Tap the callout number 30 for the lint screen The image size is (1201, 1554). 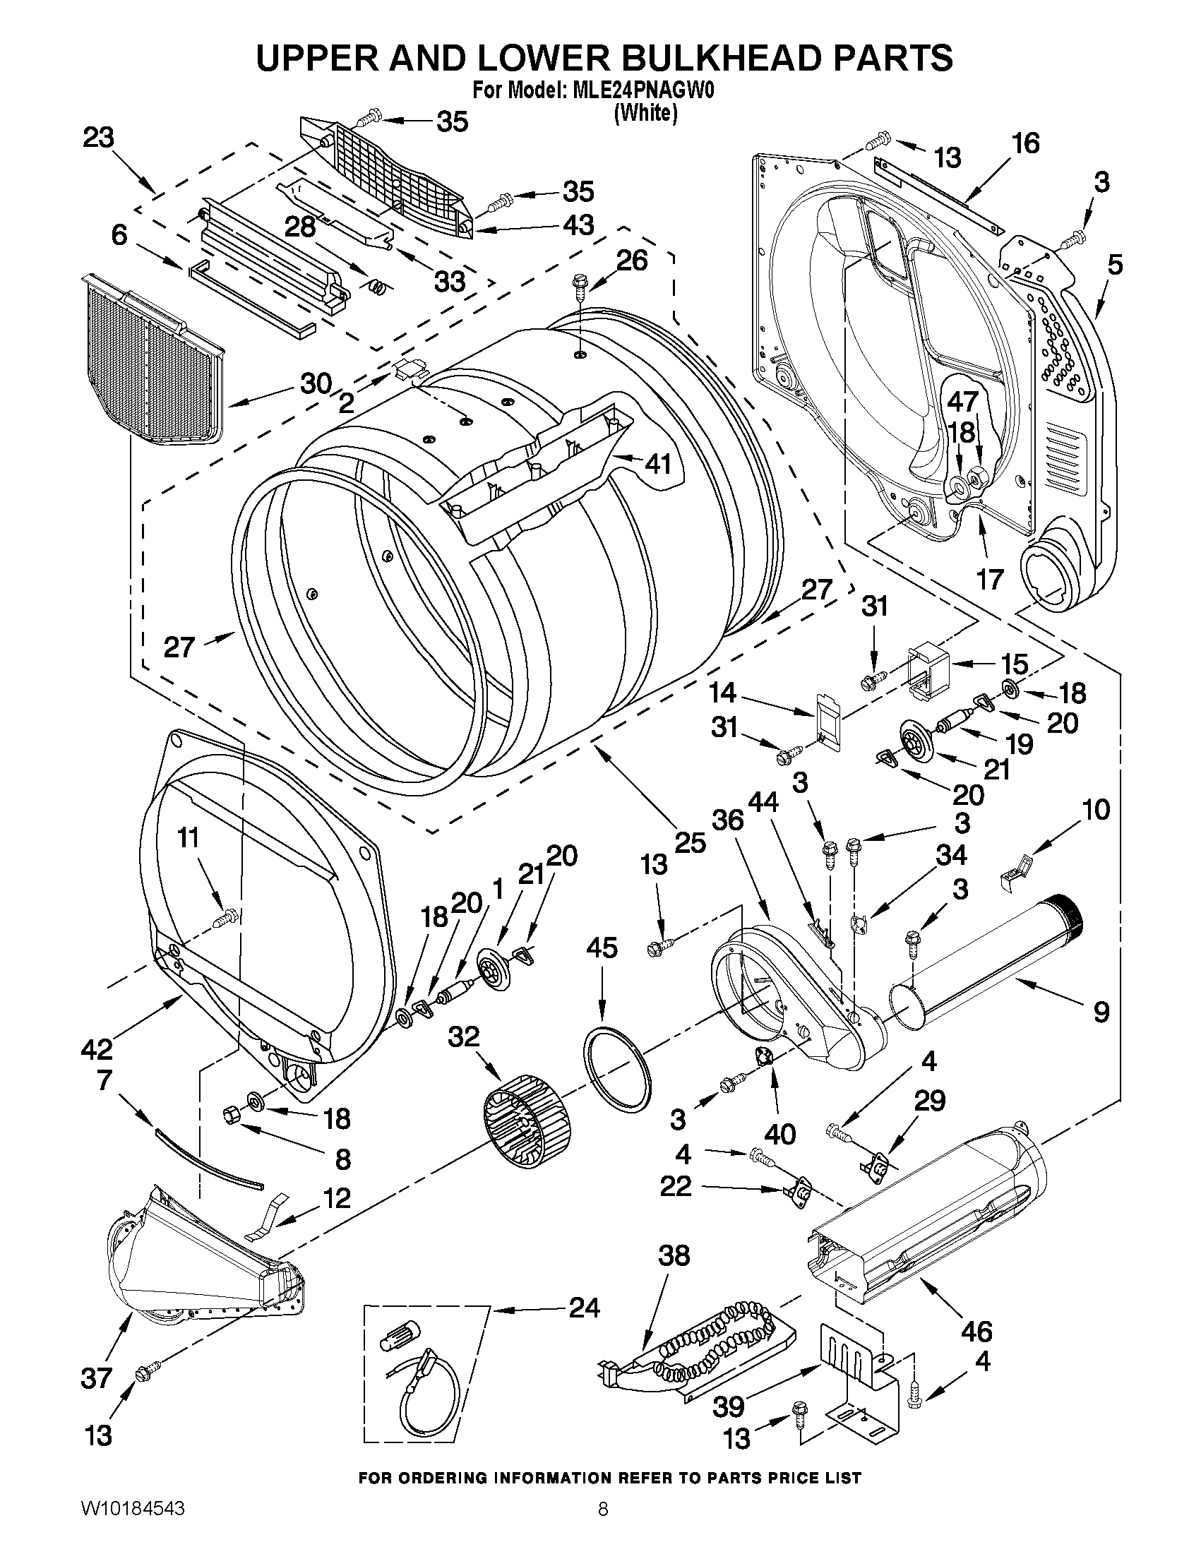316,384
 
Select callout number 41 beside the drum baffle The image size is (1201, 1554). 657,465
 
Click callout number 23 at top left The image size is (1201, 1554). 98,138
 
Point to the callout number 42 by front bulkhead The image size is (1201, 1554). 97,1048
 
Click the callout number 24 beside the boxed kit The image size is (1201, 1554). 584,1308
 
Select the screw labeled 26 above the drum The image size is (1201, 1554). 577,288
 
